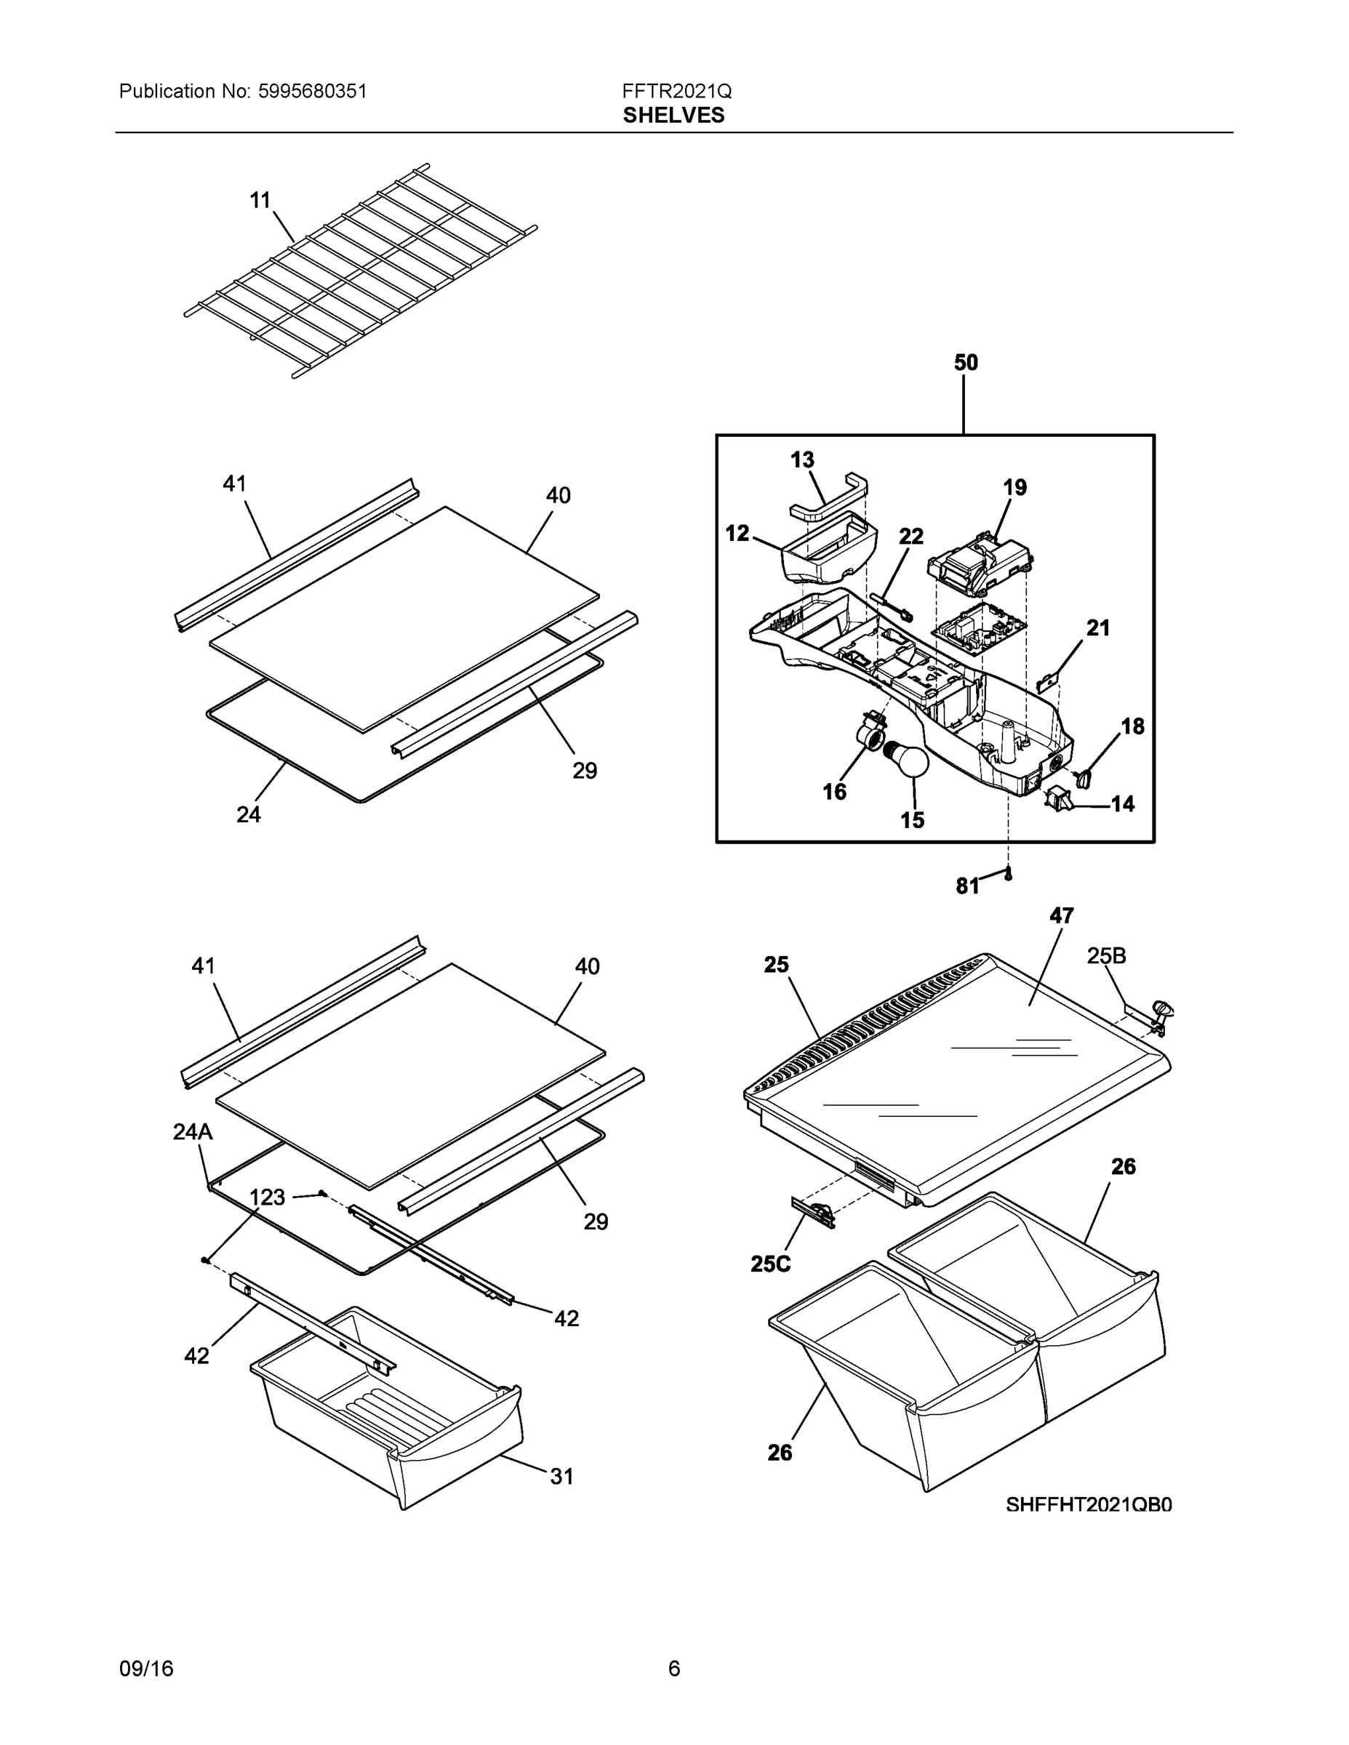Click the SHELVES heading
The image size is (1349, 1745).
pos(673,115)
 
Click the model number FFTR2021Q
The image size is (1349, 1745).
pos(676,91)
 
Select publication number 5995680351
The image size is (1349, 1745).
pos(312,91)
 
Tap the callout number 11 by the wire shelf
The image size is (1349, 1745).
pos(260,200)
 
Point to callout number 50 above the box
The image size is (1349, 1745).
pos(966,363)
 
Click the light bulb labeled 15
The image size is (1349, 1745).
pos(910,758)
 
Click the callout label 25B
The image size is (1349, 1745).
pos(1106,955)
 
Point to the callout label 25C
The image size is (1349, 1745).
pos(770,1263)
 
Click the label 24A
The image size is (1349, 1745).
pos(193,1131)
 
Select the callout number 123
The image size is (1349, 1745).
pos(267,1197)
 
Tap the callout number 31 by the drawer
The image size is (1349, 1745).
pos(562,1477)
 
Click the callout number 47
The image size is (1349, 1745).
pos(1061,915)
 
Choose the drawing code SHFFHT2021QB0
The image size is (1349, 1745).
pos(1089,1504)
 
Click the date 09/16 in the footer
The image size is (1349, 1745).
pos(146,1669)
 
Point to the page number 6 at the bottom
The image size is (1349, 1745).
pos(673,1669)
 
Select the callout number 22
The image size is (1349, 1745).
pos(911,536)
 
